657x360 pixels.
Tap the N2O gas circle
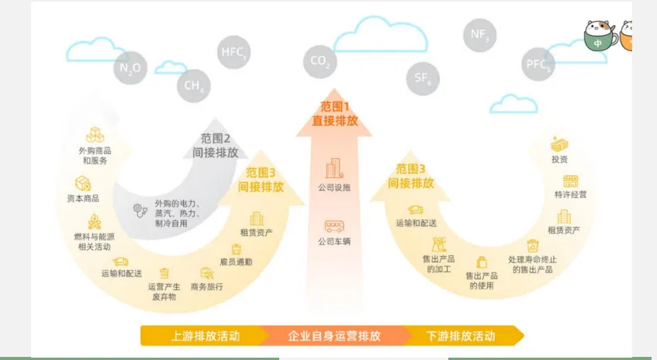point(130,68)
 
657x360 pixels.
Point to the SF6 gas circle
point(424,77)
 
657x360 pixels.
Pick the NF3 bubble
point(479,36)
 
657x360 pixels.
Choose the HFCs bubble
point(234,53)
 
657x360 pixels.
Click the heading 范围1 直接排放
point(335,114)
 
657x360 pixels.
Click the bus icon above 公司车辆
point(334,226)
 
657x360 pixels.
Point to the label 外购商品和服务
point(95,155)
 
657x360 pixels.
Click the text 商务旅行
point(206,287)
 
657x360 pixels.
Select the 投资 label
point(559,159)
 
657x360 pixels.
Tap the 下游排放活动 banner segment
point(461,336)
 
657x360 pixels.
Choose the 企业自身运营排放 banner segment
point(334,336)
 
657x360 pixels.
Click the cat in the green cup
point(600,36)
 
